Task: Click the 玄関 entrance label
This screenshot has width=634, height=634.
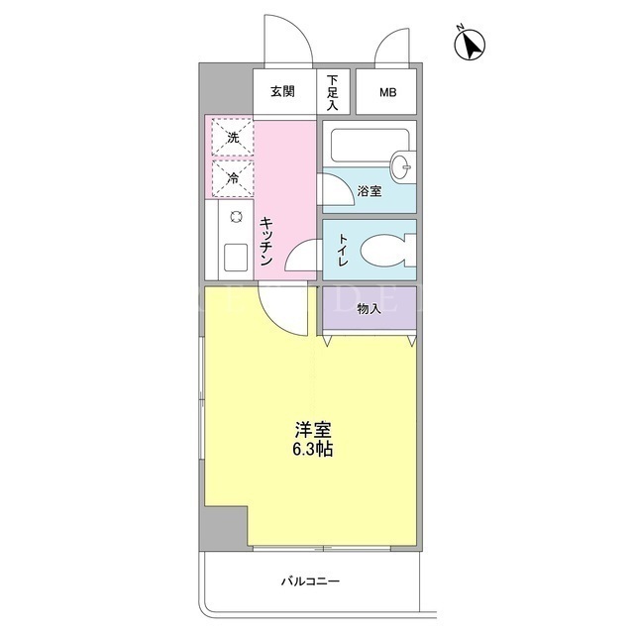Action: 282,92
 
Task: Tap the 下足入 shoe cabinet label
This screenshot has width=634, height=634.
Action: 333,92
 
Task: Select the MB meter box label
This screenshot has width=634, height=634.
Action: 387,92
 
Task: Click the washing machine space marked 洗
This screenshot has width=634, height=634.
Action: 233,138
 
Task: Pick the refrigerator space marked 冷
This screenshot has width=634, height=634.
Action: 233,178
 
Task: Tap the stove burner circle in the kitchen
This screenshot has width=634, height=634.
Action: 236,217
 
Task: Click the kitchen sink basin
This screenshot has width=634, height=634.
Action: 236,258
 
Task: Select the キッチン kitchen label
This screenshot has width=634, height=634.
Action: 266,241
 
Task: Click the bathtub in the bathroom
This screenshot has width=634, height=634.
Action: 370,146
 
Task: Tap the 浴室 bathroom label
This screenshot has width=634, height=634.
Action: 370,191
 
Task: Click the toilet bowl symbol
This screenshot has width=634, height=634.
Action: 387,251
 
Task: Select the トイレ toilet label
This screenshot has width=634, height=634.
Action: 343,250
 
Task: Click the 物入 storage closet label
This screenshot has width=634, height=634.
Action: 370,309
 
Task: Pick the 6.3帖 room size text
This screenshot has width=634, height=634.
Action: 313,450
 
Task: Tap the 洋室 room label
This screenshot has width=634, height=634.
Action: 313,430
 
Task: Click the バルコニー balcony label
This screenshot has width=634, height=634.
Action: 310,581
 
